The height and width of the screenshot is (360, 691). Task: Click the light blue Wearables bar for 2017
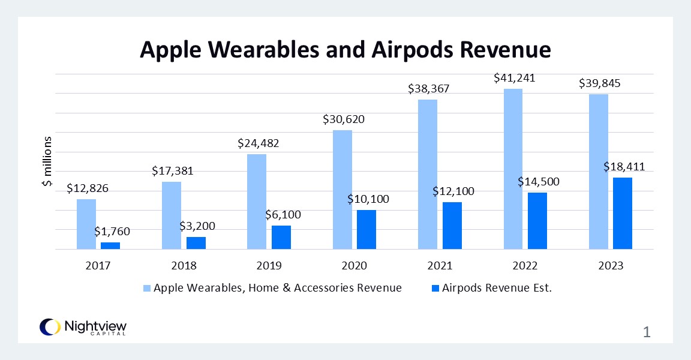[86, 224]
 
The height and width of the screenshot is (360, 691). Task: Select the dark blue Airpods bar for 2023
[623, 213]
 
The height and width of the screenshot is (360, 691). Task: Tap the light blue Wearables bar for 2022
[513, 169]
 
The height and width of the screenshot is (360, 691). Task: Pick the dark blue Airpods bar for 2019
[281, 237]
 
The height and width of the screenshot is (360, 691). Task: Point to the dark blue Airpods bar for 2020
[366, 229]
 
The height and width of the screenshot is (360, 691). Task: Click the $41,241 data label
[514, 78]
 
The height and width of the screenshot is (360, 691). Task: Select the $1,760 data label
[112, 231]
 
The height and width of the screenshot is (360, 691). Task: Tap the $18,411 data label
[624, 167]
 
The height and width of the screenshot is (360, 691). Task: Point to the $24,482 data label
[259, 143]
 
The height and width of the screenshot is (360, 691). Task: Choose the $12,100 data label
[453, 192]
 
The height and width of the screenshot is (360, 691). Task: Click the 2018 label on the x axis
[183, 265]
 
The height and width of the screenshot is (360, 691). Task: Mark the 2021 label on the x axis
[440, 265]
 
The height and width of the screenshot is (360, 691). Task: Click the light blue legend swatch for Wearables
[147, 288]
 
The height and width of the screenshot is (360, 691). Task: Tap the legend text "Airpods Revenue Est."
[497, 288]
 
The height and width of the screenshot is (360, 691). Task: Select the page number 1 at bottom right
[646, 332]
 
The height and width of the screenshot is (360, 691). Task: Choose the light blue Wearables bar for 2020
[342, 189]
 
